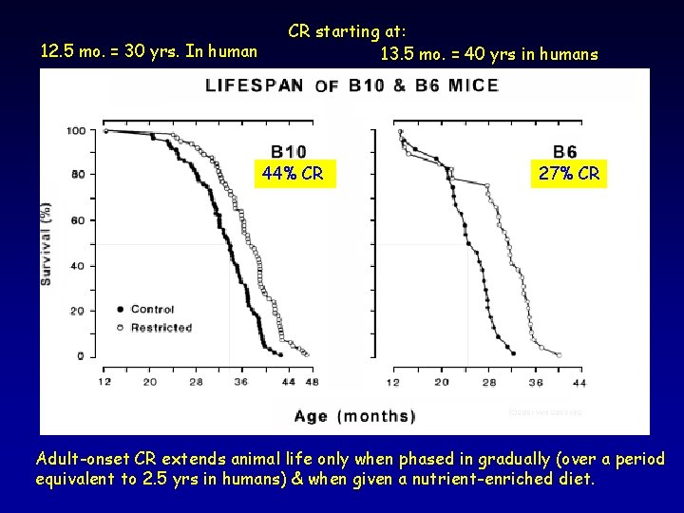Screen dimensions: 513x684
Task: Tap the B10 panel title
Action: tap(288, 150)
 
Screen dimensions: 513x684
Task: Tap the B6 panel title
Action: tap(566, 150)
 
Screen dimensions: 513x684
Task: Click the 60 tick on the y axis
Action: tap(77, 220)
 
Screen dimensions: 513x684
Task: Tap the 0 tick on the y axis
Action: tap(80, 356)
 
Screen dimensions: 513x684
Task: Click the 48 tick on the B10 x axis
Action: tap(312, 382)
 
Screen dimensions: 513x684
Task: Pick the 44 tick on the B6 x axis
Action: tap(579, 382)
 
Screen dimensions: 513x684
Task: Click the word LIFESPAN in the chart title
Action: tap(255, 85)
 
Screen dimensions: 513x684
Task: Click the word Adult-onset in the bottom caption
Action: tap(84, 459)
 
